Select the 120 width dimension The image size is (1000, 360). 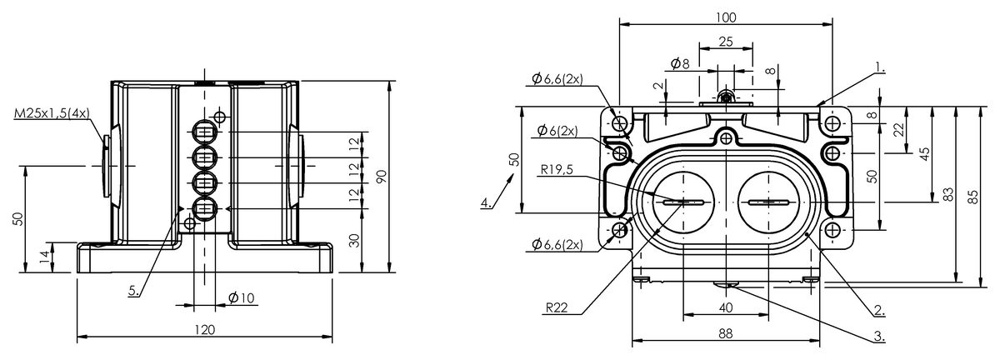[x=204, y=330]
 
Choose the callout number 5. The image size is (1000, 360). [x=134, y=290]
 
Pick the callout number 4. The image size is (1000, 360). [x=484, y=202]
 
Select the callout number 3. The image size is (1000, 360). [x=879, y=337]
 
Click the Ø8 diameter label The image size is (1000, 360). [x=679, y=64]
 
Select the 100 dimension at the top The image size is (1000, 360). [x=726, y=17]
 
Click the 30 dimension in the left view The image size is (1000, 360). [x=353, y=240]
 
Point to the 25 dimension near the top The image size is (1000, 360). [x=725, y=41]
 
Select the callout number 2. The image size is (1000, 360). [x=879, y=311]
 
